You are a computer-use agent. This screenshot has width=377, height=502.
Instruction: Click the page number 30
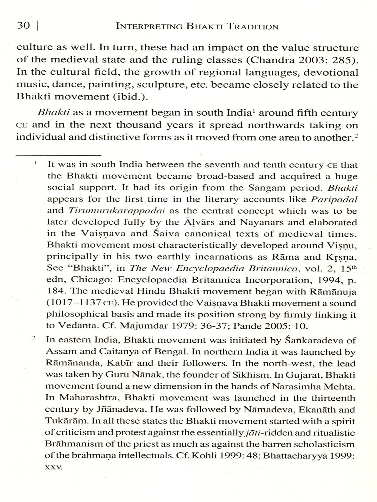[x=23, y=26]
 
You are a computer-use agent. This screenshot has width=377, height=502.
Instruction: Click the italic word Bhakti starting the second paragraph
[x=53, y=112]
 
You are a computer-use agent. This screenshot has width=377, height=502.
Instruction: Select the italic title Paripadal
[x=334, y=200]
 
